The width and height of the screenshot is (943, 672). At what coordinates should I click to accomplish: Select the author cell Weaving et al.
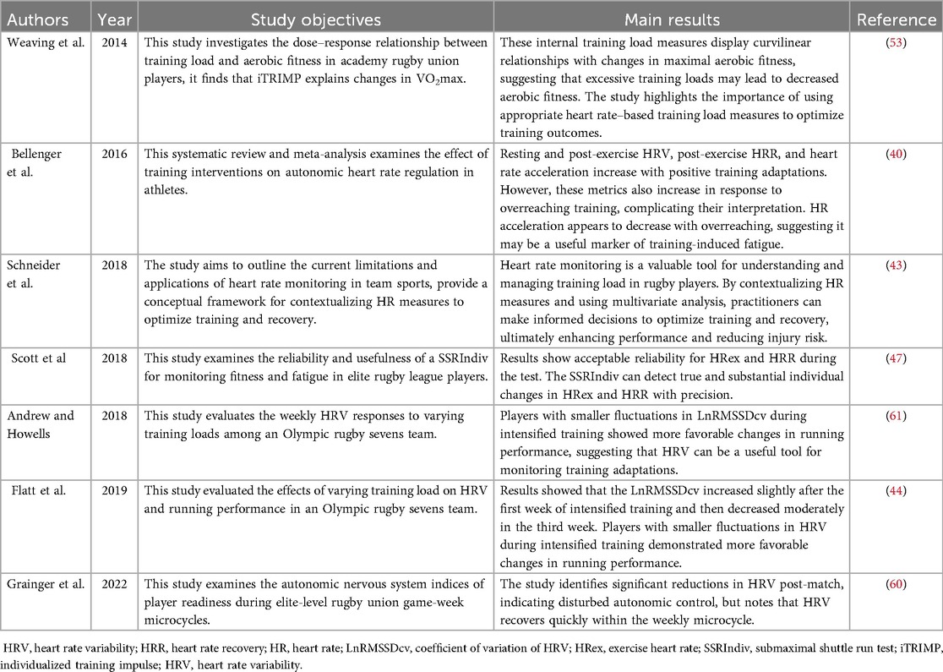(42, 42)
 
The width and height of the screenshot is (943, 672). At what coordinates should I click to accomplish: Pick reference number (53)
(896, 42)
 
